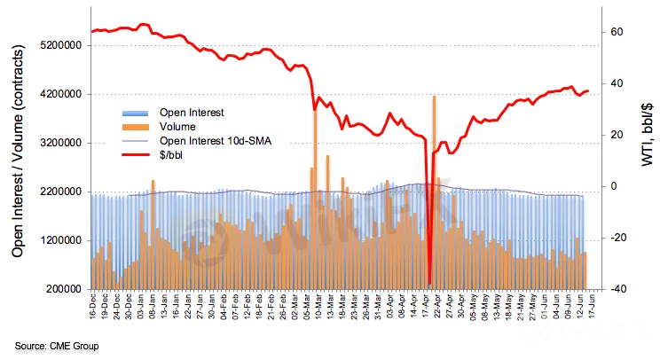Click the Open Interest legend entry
192,113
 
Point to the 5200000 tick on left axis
57,45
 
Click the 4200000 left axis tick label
57,94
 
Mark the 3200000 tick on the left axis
57,143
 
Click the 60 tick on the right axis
617,32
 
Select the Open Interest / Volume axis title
18,166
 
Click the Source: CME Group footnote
56,345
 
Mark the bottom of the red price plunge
429,283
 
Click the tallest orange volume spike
434,98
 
